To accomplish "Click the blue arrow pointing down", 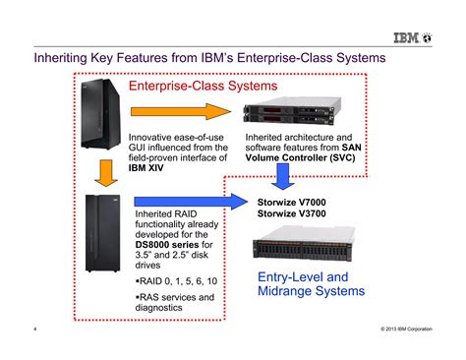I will [284, 177].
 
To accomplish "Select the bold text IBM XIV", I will [150, 167].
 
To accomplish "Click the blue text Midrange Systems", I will [311, 292].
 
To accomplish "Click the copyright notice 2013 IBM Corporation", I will [408, 328].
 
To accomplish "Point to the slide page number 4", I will [35, 328].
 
